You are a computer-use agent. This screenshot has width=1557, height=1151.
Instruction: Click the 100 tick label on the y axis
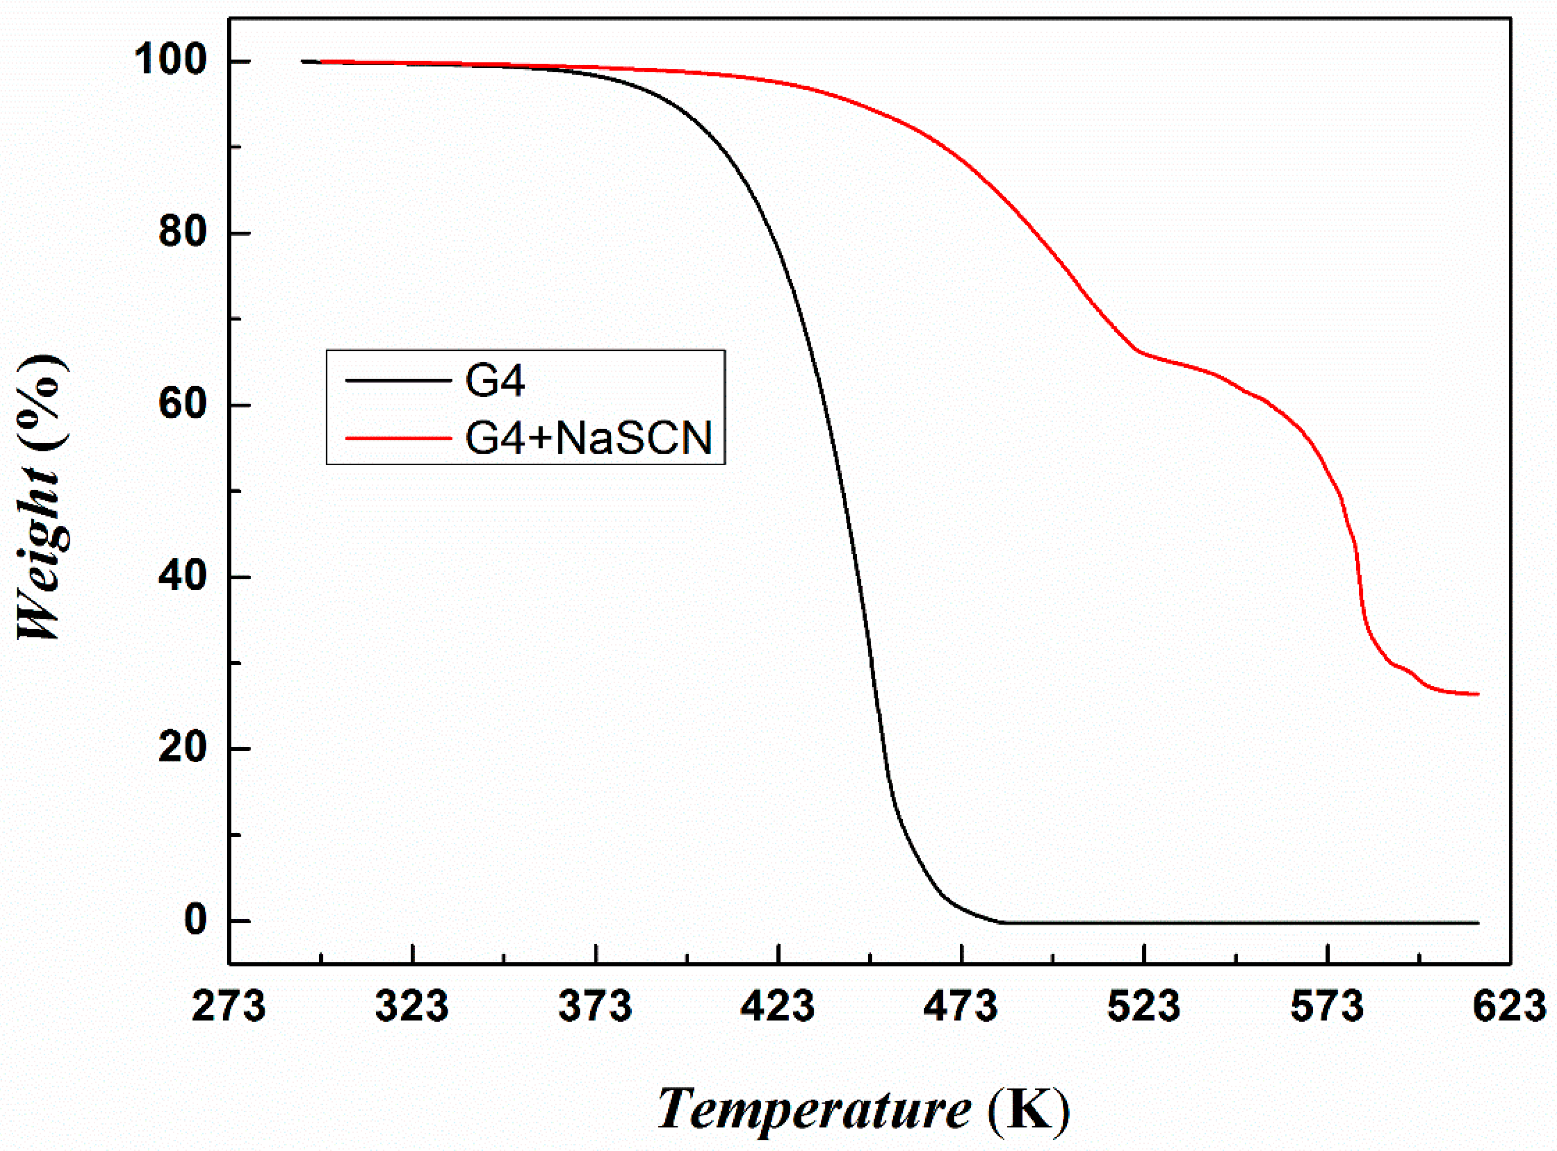tap(171, 61)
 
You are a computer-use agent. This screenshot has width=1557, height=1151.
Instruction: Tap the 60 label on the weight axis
tap(183, 404)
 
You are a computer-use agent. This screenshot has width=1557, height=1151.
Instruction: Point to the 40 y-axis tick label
tap(183, 576)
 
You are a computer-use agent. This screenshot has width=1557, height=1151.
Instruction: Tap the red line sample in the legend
tap(398, 438)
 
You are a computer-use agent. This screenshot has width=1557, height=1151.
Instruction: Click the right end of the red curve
tap(1478, 694)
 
